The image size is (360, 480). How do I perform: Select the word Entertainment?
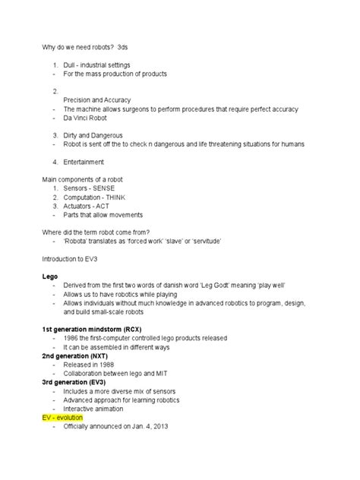[x=84, y=162]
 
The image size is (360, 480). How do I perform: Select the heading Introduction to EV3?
[x=69, y=258]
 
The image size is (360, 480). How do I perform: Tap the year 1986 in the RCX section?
[x=71, y=338]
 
